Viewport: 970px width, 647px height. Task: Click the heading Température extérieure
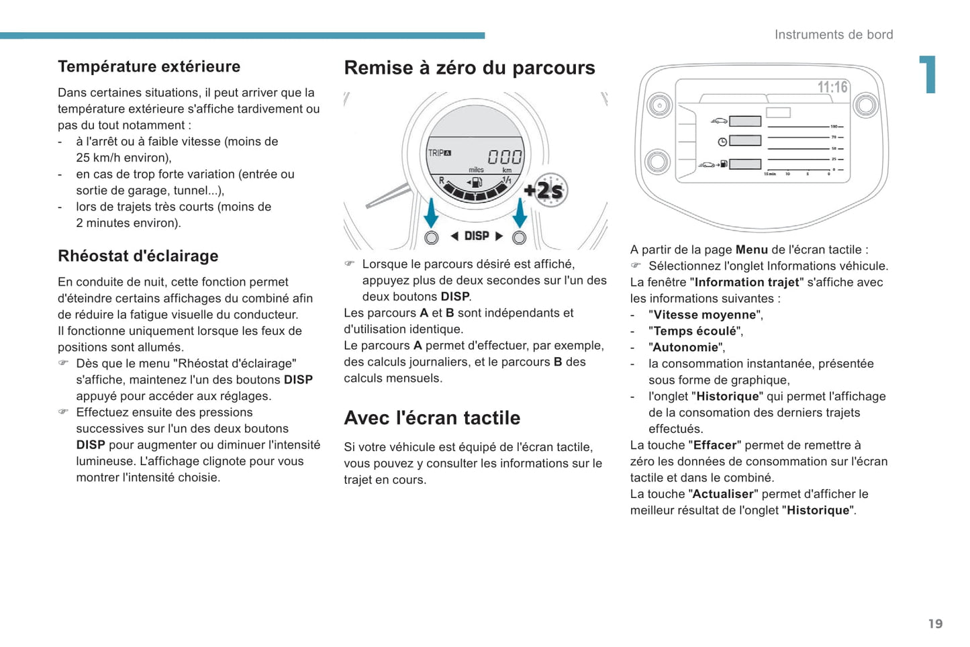(x=149, y=66)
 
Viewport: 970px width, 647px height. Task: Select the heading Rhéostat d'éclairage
(x=138, y=256)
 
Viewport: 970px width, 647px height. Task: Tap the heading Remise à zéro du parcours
(x=469, y=68)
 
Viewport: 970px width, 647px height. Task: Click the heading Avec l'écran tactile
(x=432, y=418)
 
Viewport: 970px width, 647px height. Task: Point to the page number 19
(x=935, y=624)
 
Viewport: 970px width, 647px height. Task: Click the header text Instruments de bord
(x=833, y=35)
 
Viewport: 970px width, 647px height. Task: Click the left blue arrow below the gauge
(x=431, y=213)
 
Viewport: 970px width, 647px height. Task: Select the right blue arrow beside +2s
(x=520, y=213)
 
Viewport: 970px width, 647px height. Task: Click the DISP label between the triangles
(x=477, y=236)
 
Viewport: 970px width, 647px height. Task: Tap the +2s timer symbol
(x=547, y=191)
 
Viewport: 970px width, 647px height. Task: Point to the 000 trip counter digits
(x=504, y=157)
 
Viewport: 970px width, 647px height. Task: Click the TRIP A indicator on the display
(x=440, y=153)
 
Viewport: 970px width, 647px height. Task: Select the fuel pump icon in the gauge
(x=475, y=182)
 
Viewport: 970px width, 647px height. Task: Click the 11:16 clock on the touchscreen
(x=832, y=87)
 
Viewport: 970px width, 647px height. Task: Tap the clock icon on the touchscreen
(x=722, y=142)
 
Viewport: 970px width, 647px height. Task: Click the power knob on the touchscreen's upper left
(x=660, y=105)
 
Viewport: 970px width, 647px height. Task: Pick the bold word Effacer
(x=715, y=445)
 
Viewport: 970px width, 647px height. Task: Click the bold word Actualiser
(x=723, y=494)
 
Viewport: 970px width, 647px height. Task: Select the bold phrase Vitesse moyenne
(x=704, y=315)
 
